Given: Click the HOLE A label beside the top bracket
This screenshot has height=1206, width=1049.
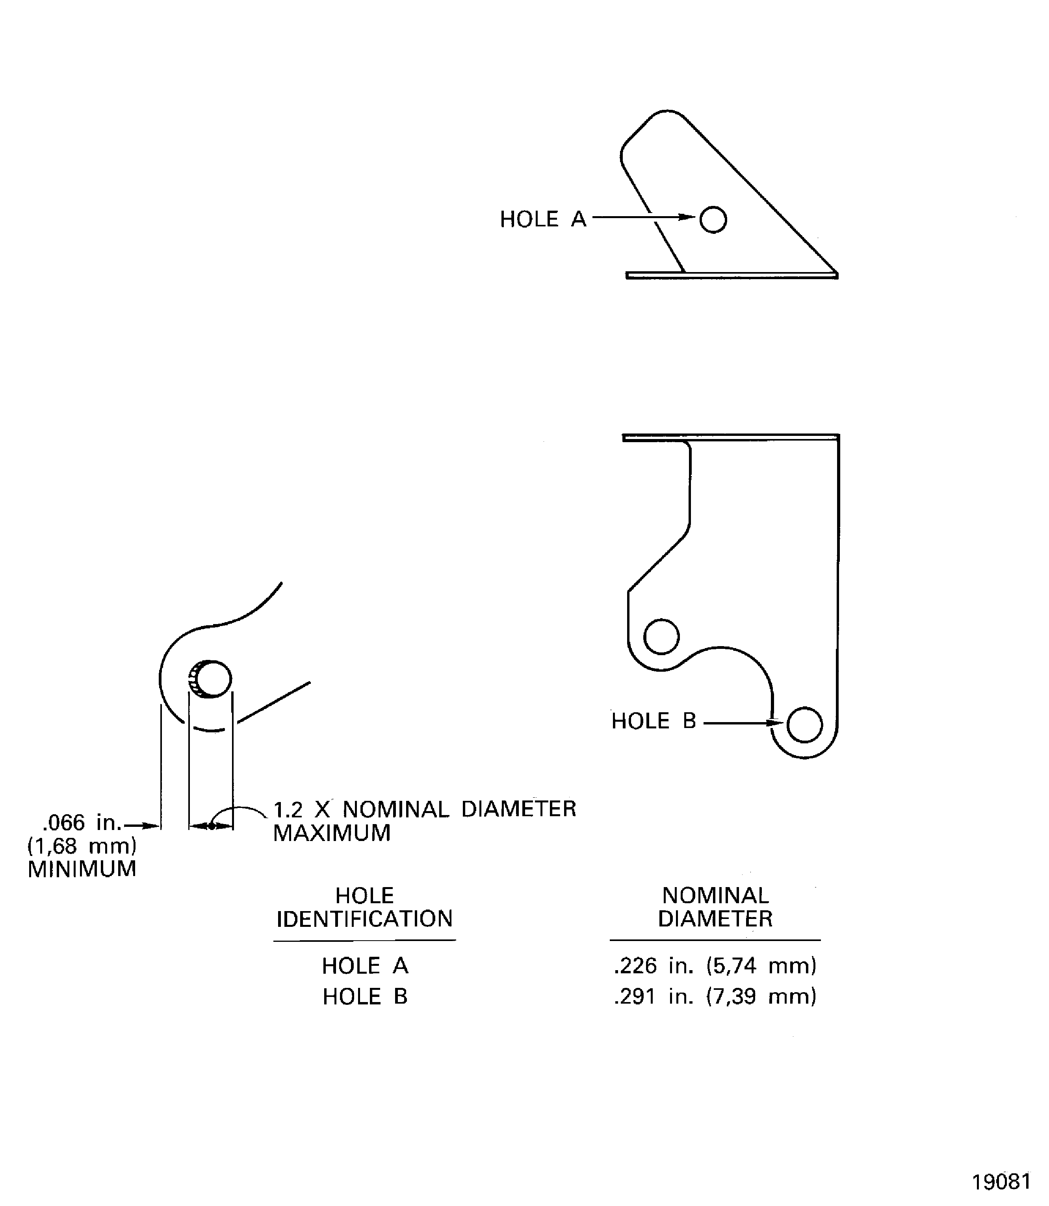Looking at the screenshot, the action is point(543,219).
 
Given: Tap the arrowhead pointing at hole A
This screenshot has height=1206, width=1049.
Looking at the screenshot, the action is point(687,217).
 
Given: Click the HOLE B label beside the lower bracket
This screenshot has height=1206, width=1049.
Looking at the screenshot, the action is point(654,721).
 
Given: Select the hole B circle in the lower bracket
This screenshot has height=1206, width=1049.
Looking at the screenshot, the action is point(805,724).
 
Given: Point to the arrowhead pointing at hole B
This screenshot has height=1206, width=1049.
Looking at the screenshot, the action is point(775,722).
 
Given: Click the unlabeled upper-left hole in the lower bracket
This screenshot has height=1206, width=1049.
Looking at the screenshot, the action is point(661,636).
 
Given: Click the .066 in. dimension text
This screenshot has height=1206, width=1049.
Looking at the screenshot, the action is point(82,823).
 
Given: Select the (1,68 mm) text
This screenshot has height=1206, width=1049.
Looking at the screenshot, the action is point(82,846).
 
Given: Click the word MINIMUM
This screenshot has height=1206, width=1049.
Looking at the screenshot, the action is point(82,869).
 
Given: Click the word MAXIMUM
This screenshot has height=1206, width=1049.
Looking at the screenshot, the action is point(332,833).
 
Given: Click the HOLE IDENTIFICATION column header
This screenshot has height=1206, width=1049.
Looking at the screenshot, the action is point(365,907).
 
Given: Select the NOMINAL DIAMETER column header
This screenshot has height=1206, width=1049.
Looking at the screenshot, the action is point(715,907).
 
